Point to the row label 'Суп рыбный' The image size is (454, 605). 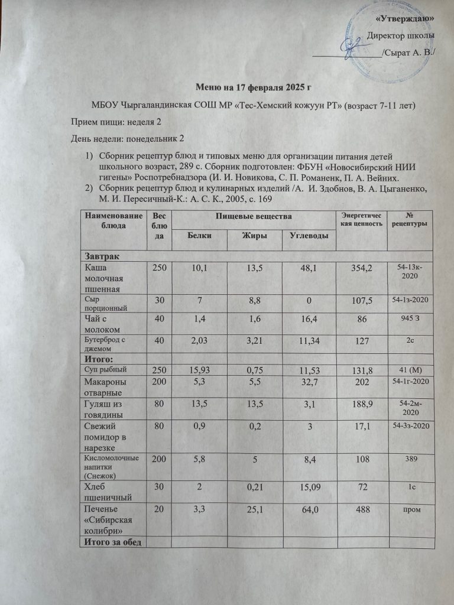(104, 370)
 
